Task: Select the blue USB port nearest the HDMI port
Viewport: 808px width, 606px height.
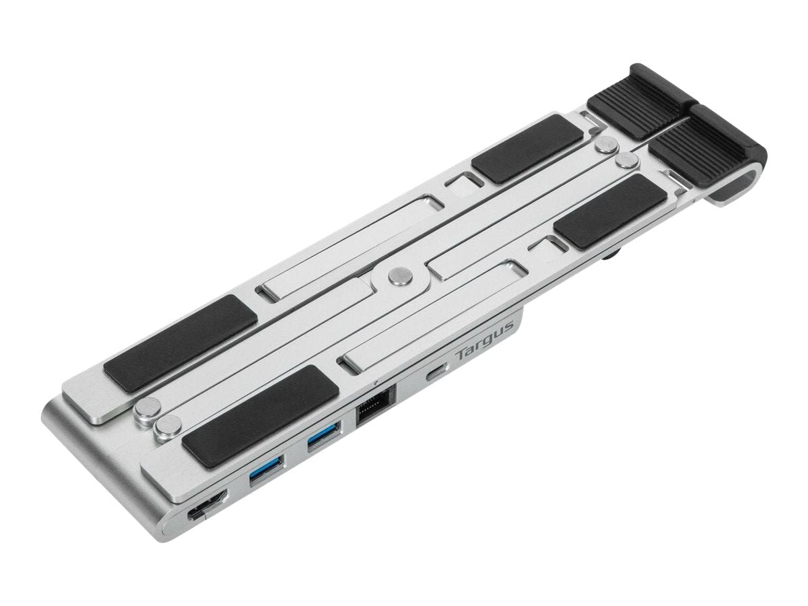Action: click(266, 472)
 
